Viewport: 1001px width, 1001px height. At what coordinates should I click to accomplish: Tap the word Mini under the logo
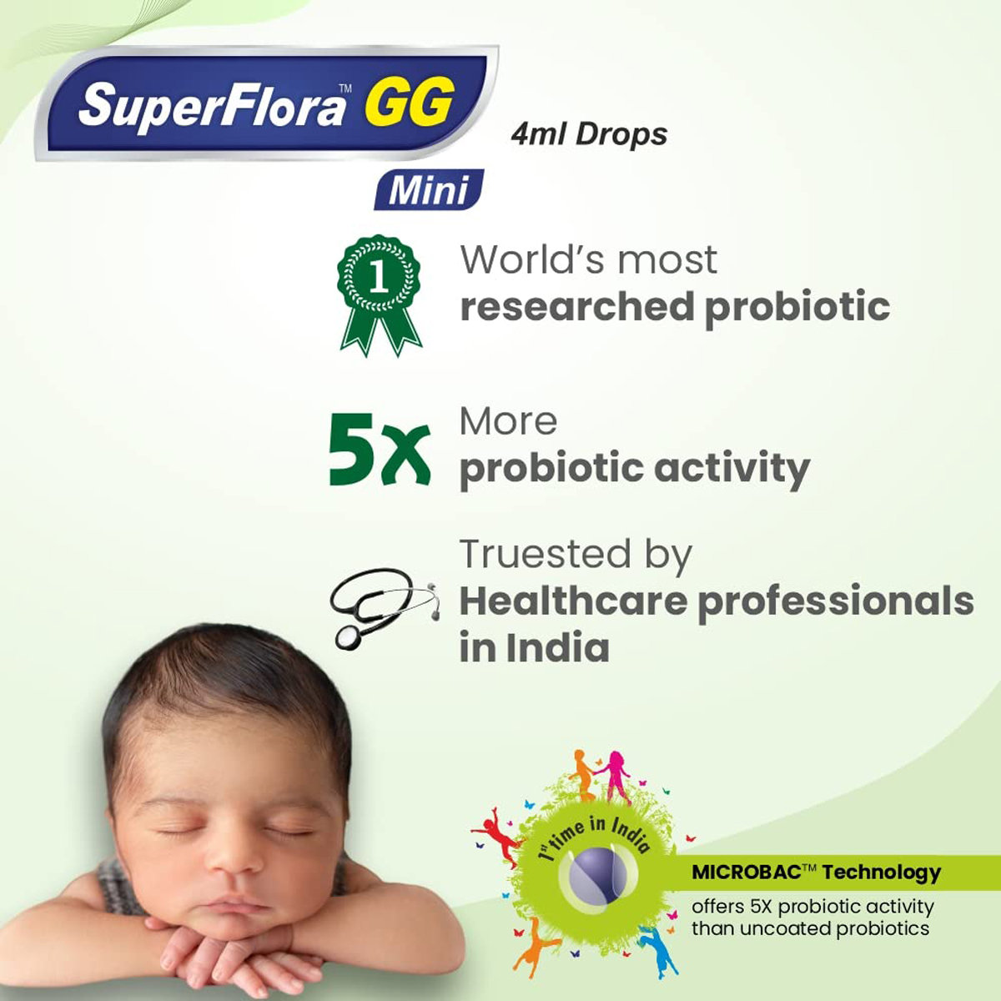point(429,190)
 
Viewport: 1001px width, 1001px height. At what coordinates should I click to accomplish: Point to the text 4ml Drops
point(589,134)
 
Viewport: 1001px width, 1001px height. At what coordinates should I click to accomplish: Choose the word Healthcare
point(573,601)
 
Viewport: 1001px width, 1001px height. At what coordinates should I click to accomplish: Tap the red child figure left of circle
point(495,835)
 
